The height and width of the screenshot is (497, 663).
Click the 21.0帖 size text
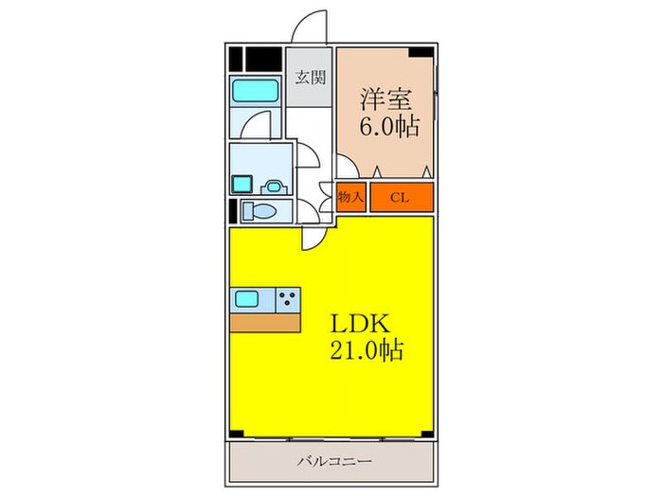pyautogui.click(x=367, y=351)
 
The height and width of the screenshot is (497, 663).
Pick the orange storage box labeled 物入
pyautogui.click(x=351, y=197)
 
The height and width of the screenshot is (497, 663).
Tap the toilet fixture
pyautogui.click(x=262, y=209)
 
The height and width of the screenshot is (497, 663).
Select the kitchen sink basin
pyautogui.click(x=248, y=300)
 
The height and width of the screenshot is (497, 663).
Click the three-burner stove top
pyautogui.click(x=288, y=300)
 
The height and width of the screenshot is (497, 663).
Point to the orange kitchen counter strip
pyautogui.click(x=265, y=323)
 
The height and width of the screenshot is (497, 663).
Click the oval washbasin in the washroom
pyautogui.click(x=274, y=186)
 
